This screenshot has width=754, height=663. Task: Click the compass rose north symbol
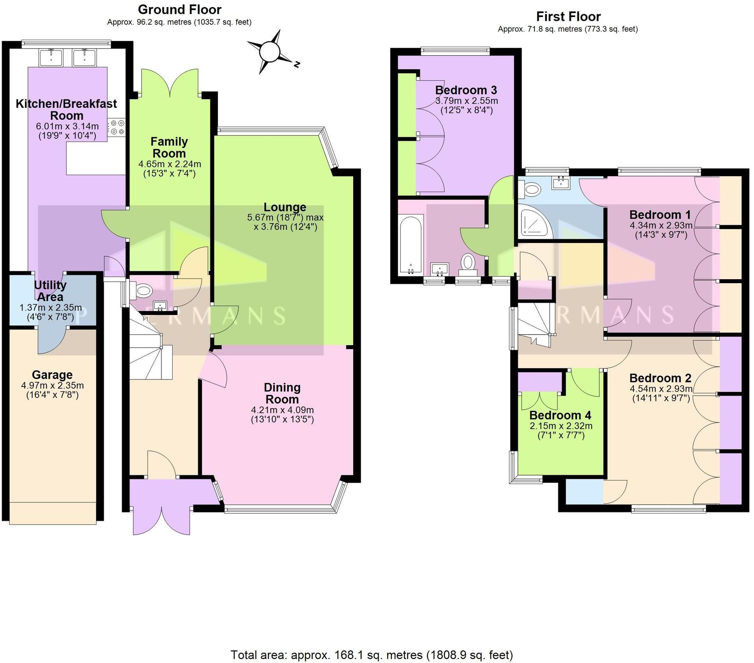click(x=271, y=52)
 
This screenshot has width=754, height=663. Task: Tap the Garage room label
click(x=52, y=375)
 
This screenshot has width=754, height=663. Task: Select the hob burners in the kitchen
click(x=117, y=127)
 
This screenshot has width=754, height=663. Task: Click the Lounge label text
click(x=285, y=207)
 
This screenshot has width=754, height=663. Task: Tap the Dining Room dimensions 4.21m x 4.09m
click(x=282, y=410)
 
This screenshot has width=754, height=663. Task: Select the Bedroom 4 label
click(x=560, y=415)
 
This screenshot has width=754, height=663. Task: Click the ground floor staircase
click(x=149, y=350)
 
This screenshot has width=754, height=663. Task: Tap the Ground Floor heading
click(x=179, y=9)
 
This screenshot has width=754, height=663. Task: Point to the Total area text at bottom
click(x=371, y=655)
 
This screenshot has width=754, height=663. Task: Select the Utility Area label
click(x=50, y=291)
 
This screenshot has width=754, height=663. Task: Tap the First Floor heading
click(x=568, y=16)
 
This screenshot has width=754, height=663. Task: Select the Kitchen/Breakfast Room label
click(x=66, y=109)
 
